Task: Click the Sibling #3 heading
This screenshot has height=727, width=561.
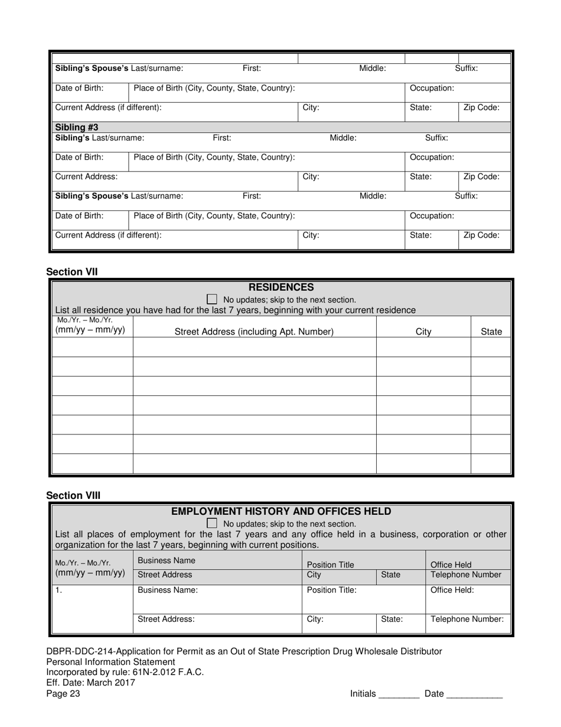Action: pyautogui.click(x=77, y=127)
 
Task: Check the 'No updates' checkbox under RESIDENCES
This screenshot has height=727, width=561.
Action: pyautogui.click(x=212, y=300)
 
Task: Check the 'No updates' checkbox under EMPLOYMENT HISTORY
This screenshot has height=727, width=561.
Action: pyautogui.click(x=212, y=524)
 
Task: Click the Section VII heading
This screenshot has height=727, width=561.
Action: pyautogui.click(x=72, y=272)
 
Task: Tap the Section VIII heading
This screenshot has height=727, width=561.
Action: pyautogui.click(x=73, y=495)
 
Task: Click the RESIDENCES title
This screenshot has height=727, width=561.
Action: pyautogui.click(x=281, y=288)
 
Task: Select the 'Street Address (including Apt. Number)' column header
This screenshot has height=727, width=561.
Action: pyautogui.click(x=254, y=332)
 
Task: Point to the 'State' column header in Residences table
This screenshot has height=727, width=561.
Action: pyautogui.click(x=491, y=332)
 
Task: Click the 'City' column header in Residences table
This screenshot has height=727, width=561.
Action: pyautogui.click(x=423, y=332)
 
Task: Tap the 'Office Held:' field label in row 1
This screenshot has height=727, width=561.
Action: pyautogui.click(x=452, y=590)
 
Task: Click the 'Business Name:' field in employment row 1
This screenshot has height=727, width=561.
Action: pyautogui.click(x=168, y=590)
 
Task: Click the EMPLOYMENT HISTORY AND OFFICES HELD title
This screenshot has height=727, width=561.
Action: pyautogui.click(x=281, y=511)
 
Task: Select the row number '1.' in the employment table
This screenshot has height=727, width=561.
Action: pyautogui.click(x=58, y=590)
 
